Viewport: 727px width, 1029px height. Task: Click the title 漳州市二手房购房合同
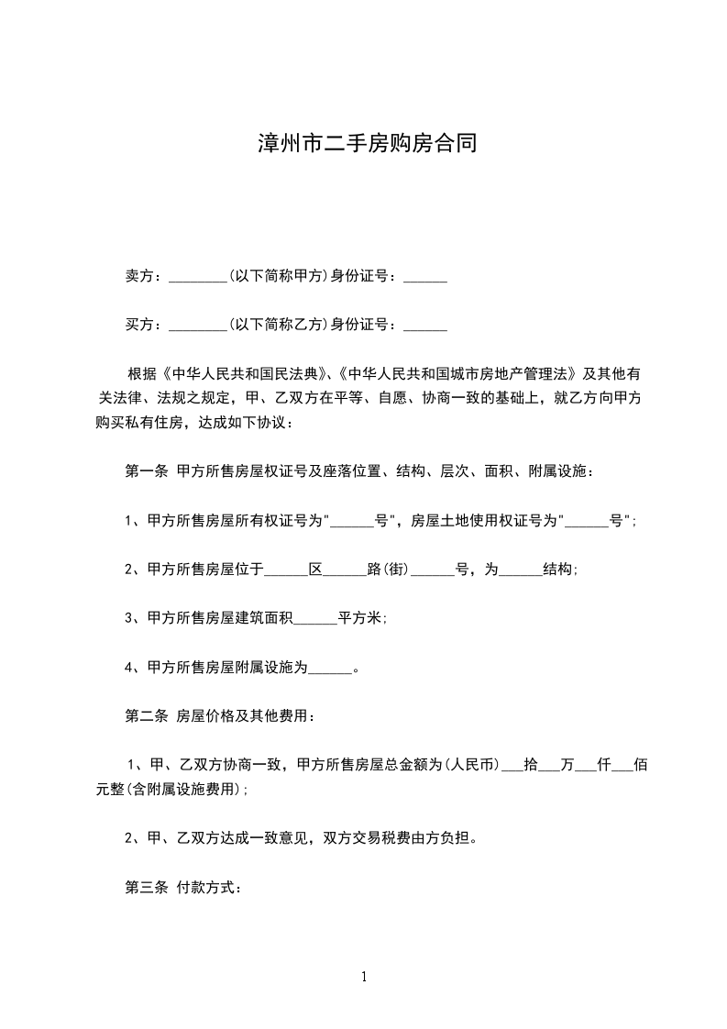(365, 145)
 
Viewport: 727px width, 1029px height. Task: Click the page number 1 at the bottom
(364, 977)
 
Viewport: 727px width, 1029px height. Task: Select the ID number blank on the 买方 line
(424, 326)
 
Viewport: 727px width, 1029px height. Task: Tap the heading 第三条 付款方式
(183, 888)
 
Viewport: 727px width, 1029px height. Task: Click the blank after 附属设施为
(330, 669)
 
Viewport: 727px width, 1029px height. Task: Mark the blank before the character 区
(285, 570)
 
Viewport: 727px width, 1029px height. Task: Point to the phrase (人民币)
(471, 764)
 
